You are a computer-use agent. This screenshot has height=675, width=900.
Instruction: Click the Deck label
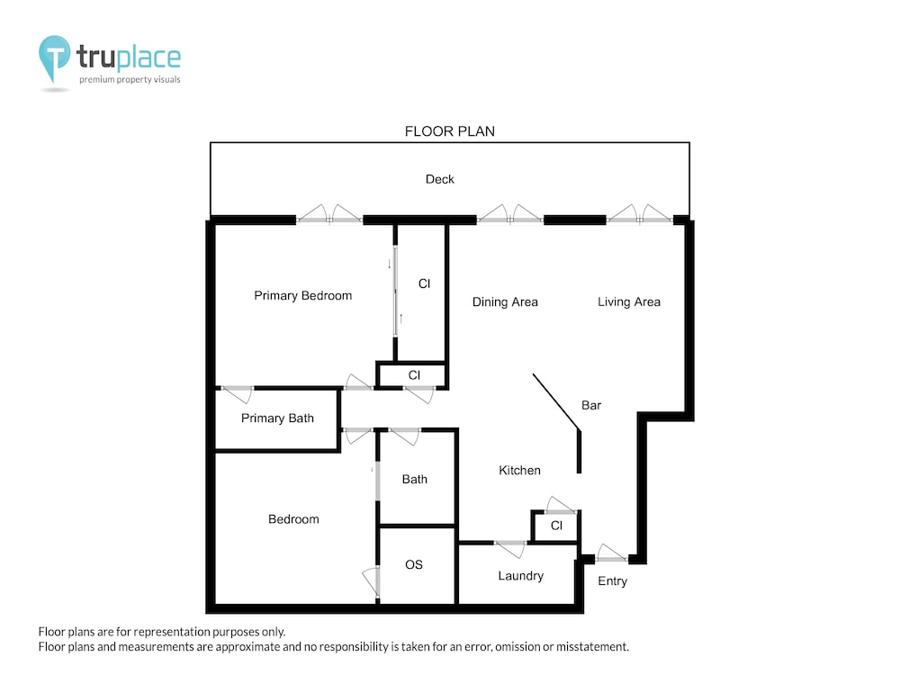[440, 179]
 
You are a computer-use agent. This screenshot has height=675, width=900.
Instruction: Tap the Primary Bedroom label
[303, 295]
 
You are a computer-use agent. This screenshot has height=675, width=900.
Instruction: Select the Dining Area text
[505, 301]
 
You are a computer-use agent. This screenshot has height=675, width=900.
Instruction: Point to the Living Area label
[629, 301]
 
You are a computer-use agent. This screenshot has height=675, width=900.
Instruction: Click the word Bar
[591, 405]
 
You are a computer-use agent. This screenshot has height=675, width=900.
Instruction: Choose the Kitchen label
[519, 470]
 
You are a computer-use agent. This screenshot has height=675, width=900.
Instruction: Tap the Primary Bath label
[277, 418]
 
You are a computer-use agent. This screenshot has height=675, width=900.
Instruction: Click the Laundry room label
[520, 576]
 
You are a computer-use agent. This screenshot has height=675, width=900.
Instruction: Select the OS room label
[414, 565]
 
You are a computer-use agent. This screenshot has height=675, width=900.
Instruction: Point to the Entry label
[612, 580]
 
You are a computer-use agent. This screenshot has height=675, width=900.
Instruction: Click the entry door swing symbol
[612, 553]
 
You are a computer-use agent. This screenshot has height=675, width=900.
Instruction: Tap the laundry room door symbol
[509, 549]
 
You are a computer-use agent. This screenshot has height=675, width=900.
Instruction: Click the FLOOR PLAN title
[449, 131]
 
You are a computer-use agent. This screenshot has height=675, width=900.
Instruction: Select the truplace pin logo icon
[55, 58]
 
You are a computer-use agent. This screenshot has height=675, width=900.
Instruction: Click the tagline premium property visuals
[130, 79]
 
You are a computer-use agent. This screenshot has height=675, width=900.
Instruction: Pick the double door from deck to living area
[639, 214]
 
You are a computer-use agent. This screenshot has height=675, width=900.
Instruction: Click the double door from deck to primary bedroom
[329, 214]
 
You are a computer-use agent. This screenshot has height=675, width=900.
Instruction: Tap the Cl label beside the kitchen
[556, 526]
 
